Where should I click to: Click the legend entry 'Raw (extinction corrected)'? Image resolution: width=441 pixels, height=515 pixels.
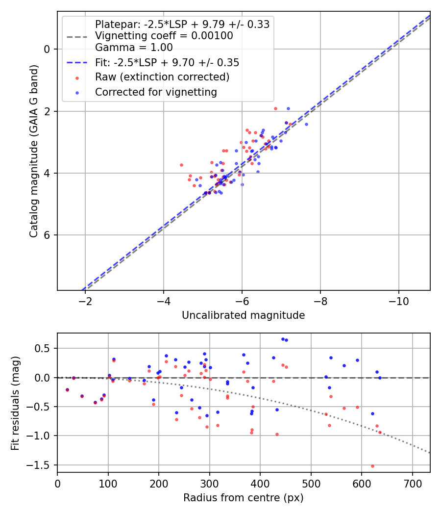click(162, 77)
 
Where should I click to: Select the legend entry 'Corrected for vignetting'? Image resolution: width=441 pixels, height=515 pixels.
click(156, 92)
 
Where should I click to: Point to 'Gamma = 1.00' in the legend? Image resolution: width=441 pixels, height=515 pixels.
click(134, 48)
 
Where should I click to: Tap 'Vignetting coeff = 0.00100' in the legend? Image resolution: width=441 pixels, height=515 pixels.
click(164, 36)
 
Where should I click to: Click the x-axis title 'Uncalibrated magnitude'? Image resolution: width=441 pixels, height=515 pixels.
click(243, 315)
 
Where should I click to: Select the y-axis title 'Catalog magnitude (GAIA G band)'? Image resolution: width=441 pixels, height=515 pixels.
click(34, 166)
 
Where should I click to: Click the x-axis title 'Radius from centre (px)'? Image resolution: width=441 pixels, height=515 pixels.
click(243, 498)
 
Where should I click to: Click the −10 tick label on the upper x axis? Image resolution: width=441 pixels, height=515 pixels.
click(398, 300)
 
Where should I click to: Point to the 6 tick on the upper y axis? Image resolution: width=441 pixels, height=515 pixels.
click(48, 235)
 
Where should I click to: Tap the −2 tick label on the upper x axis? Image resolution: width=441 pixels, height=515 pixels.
click(85, 300)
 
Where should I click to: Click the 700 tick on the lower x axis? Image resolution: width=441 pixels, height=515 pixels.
click(412, 483)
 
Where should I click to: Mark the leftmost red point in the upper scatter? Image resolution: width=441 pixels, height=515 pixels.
click(181, 165)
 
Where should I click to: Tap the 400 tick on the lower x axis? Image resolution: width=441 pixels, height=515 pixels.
click(260, 483)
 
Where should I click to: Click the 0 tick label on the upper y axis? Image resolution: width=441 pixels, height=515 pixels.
click(48, 49)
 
